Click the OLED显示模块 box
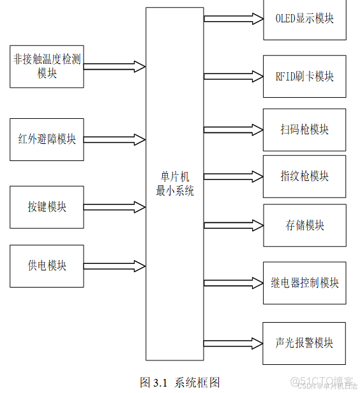coord(304,19)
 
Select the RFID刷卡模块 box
coord(304,76)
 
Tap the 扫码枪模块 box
coord(304,130)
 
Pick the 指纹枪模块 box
coord(304,176)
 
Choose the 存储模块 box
coord(304,225)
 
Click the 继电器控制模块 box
coord(304,283)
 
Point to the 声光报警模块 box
coord(304,343)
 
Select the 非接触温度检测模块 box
coord(47,66)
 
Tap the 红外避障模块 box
coord(47,139)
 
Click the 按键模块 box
coord(47,207)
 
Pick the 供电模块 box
coord(47,265)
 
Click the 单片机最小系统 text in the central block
coord(174,184)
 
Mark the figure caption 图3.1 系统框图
coord(179,382)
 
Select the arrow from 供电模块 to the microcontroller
coord(115,265)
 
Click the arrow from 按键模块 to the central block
coord(115,206)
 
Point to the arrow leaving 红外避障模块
coord(115,139)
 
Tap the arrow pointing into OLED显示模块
coord(234,19)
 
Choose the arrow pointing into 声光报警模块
coord(234,343)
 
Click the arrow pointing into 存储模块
coord(234,225)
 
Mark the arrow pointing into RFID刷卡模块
coord(234,76)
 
